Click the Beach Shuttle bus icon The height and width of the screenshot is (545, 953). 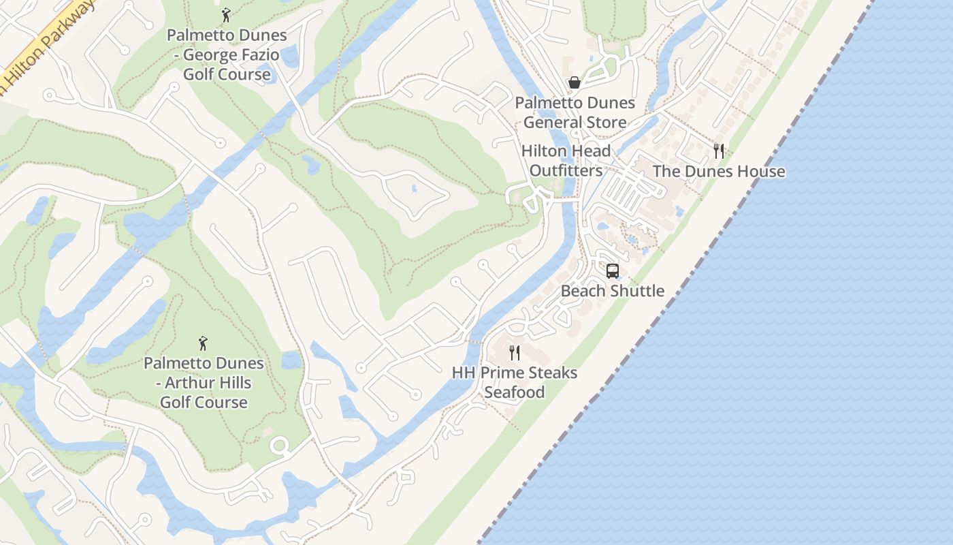[x=613, y=271]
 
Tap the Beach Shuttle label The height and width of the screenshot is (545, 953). [x=613, y=291]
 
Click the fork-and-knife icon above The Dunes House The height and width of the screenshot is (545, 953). [x=719, y=151]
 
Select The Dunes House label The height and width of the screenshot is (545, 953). [x=719, y=171]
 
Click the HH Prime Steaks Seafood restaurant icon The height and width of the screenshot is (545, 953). [x=515, y=353]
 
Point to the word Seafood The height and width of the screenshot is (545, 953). [x=515, y=392]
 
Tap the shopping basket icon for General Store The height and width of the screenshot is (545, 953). [x=575, y=83]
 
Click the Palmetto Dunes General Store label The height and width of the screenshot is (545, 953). [x=575, y=112]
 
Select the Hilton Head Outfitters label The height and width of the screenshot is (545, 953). [x=566, y=161]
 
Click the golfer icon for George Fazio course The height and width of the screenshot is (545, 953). [x=226, y=14]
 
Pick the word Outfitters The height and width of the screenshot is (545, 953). [x=566, y=170]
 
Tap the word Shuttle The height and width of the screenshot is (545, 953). [x=637, y=291]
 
